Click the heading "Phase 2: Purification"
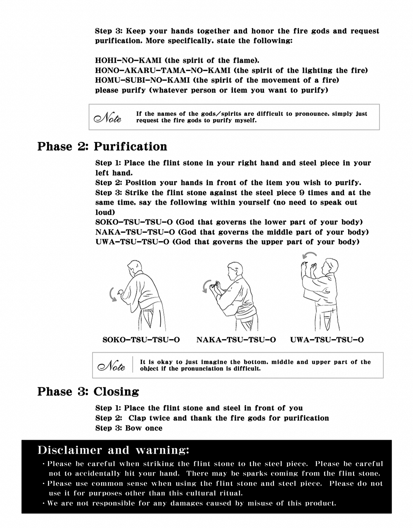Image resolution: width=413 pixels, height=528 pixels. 102,147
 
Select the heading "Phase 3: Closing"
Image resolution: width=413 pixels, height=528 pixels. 88,391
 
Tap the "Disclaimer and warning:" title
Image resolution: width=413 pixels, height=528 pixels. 113,450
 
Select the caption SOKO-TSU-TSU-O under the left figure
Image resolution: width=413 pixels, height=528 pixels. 141,340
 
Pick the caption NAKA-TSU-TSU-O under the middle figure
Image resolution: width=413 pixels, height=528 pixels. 236,340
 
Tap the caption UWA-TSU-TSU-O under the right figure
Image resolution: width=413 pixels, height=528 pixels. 327,340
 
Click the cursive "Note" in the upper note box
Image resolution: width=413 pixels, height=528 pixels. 108,118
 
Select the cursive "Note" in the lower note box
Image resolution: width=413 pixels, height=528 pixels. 111,365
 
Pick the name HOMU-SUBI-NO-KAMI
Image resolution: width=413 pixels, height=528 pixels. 142,80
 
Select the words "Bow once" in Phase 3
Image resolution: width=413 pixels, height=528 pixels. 144,428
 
